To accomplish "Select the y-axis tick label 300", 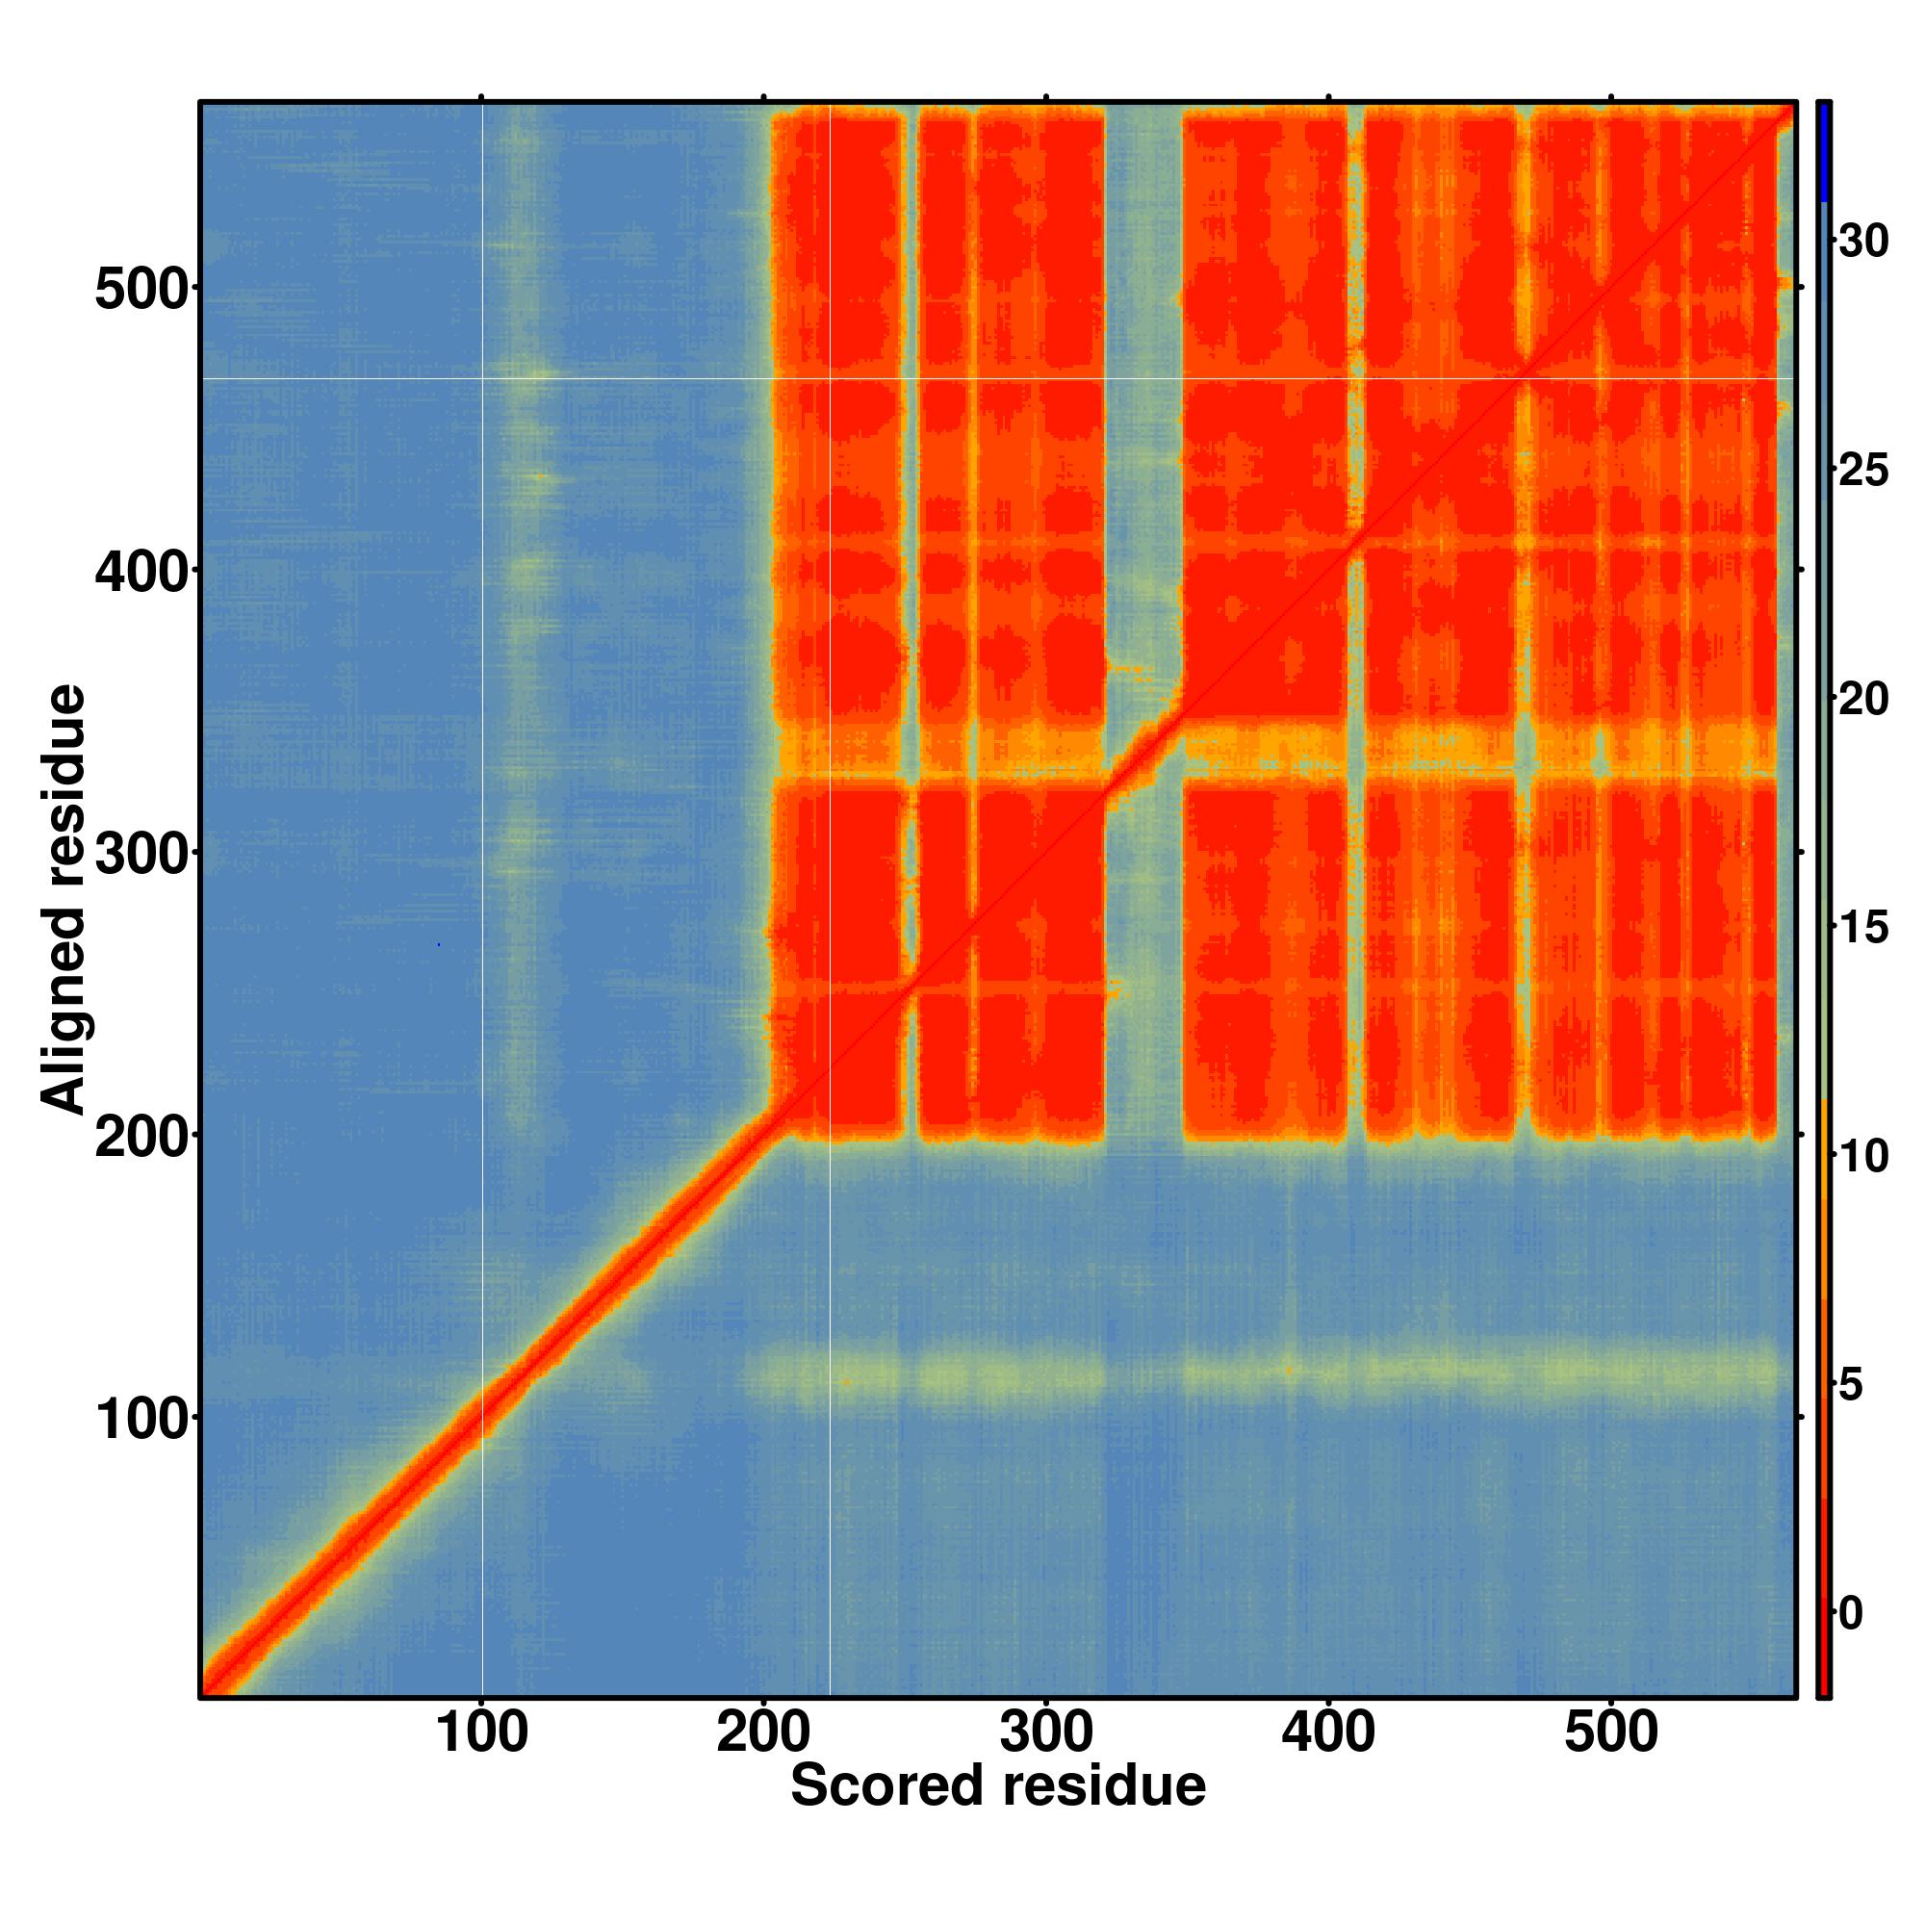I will point(141,855).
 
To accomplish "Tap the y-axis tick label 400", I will point(141,573).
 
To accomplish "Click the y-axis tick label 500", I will point(141,291).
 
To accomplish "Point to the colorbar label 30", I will point(1862,242).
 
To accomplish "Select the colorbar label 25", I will point(1862,471).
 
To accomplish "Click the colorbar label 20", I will point(1862,700).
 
